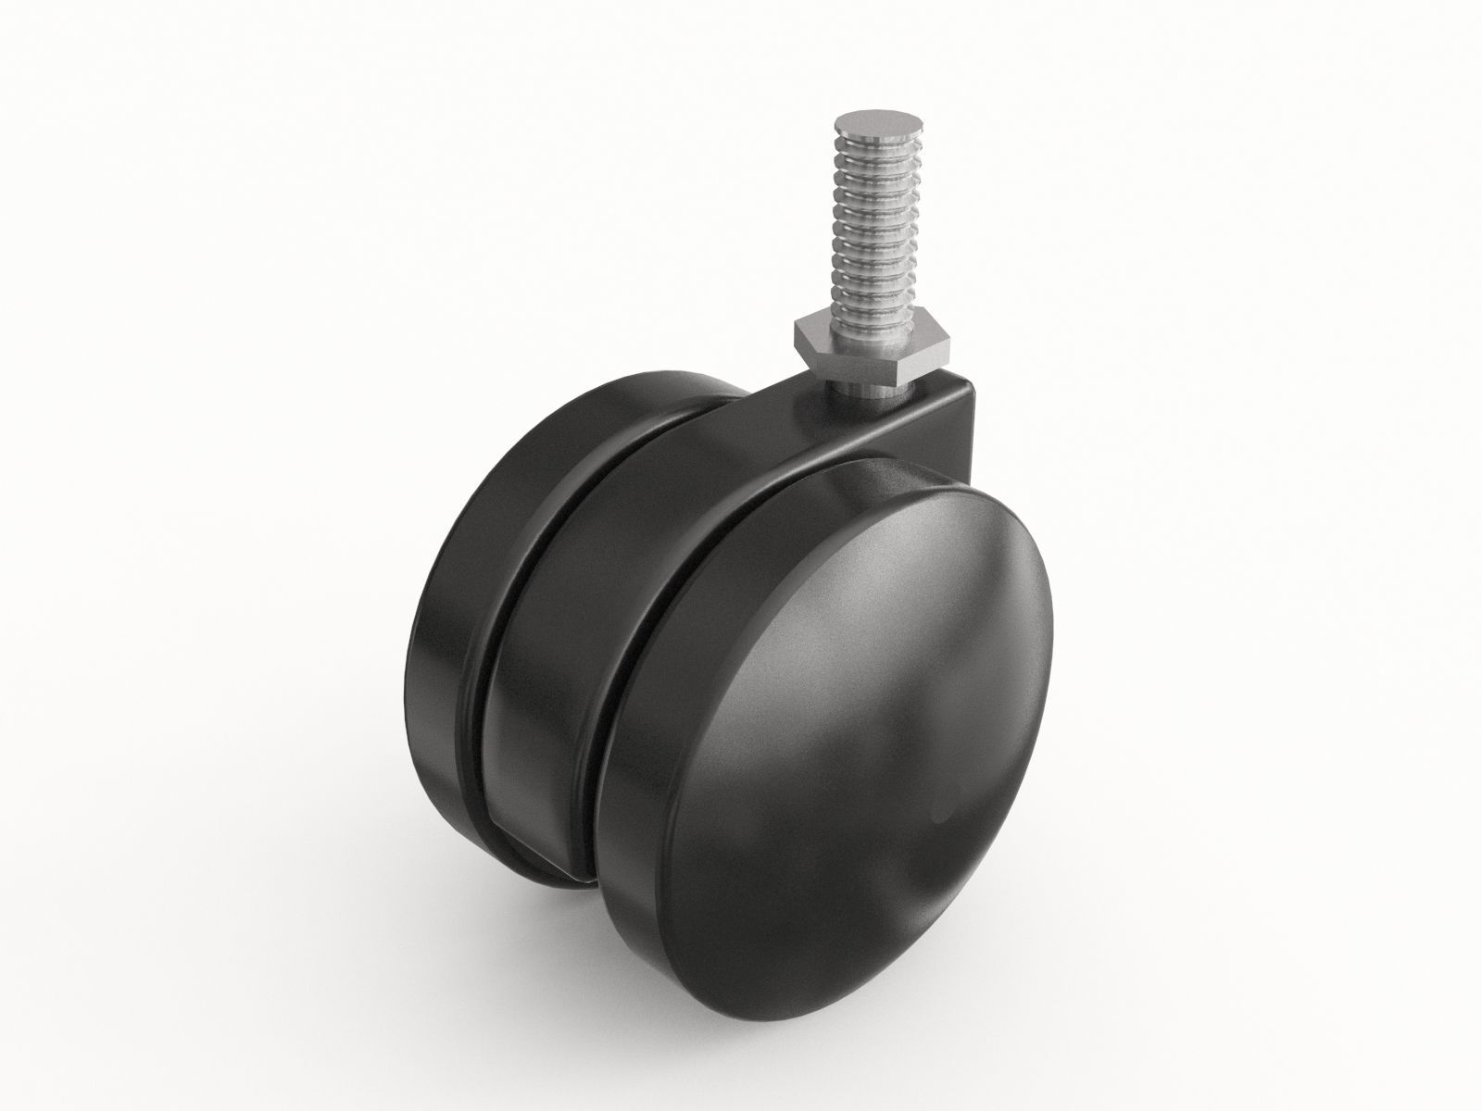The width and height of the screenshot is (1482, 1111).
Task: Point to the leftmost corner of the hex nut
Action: pyautogui.click(x=795, y=331)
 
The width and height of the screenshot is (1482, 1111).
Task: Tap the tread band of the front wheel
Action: pyautogui.click(x=639, y=741)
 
